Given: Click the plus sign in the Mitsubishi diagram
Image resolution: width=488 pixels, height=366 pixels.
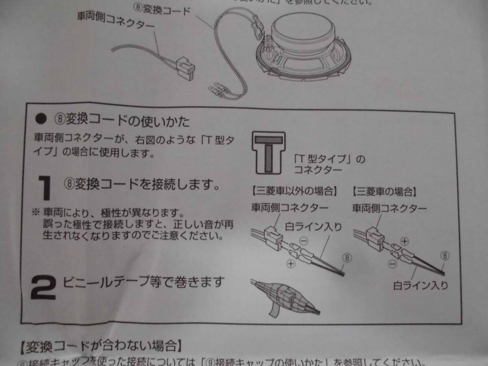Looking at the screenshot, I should (404, 241).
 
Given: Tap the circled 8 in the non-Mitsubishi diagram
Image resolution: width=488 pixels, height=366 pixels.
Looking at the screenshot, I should (346, 257).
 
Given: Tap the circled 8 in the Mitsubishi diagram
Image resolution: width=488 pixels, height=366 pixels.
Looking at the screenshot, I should (446, 255).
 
